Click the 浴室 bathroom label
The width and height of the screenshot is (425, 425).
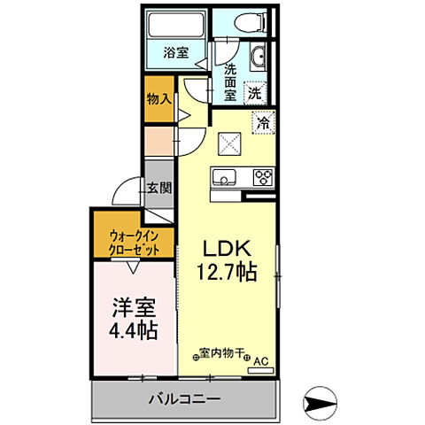click(176, 52)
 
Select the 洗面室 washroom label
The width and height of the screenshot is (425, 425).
click(229, 81)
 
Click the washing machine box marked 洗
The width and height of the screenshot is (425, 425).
click(254, 90)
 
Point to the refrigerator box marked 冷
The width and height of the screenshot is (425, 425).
click(262, 124)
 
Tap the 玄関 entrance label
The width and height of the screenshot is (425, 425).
click(158, 188)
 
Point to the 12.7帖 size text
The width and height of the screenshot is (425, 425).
click(227, 272)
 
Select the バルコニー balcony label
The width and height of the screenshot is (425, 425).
click(183, 399)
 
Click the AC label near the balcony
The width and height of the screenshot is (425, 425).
click(260, 362)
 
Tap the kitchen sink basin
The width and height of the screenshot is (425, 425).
click(222, 178)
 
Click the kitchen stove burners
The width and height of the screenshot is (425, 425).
click(263, 176)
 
